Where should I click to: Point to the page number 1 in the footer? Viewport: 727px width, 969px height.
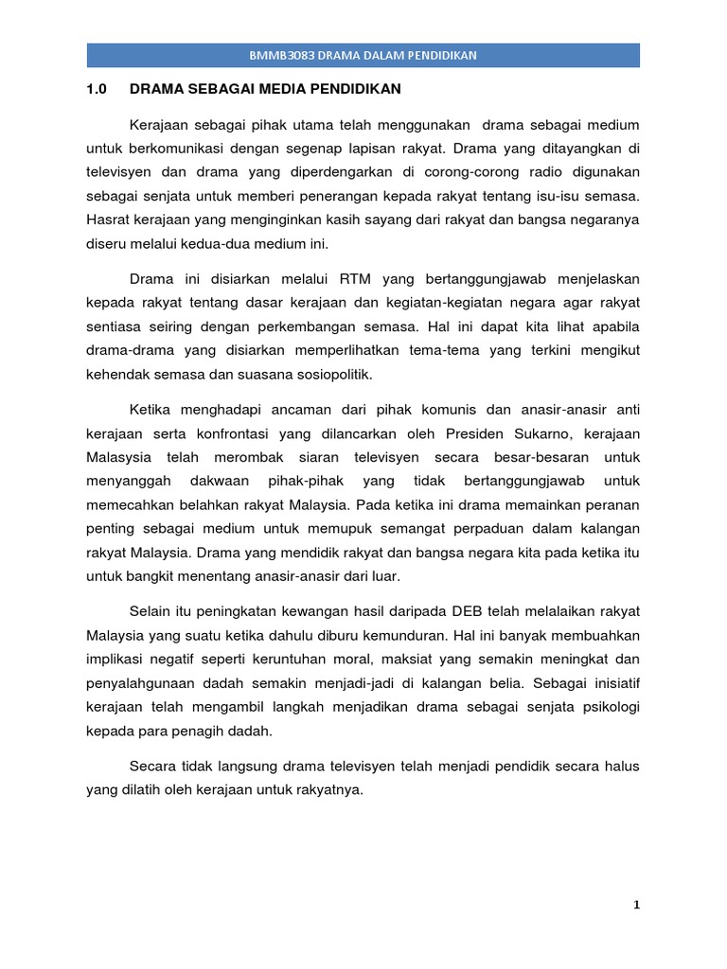[x=637, y=905]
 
